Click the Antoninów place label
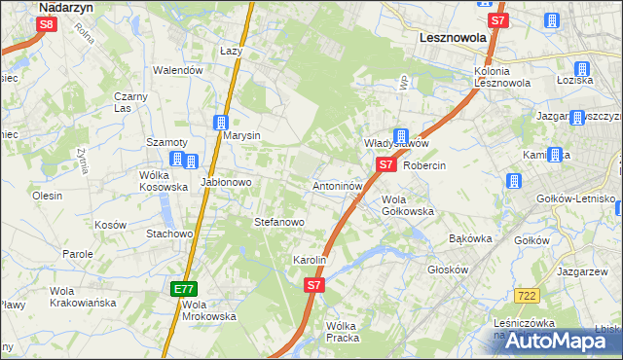[338, 185]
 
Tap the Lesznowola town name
[437, 38]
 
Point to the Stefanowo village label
[279, 222]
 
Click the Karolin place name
[309, 261]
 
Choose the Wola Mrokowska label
[209, 310]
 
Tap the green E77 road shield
[184, 289]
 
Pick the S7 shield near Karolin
[314, 285]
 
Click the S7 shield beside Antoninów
[386, 165]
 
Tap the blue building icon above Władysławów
[400, 137]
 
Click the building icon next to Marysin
[221, 123]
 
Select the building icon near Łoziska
[582, 69]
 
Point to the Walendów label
[178, 70]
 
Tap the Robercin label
[423, 165]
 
